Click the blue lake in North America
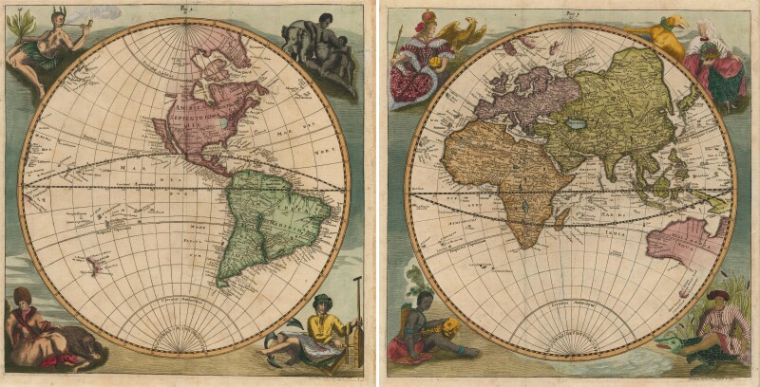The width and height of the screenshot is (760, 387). (x=220, y=122)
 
